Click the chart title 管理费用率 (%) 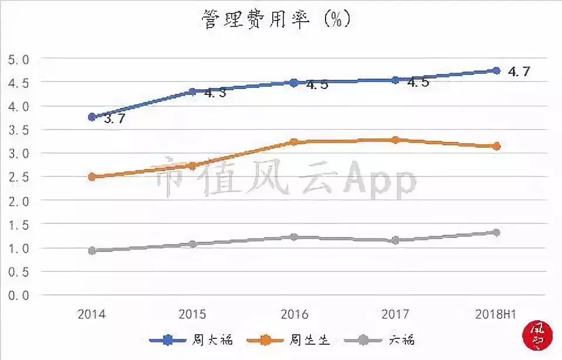pyautogui.click(x=276, y=19)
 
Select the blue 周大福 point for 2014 pyautogui.click(x=92, y=117)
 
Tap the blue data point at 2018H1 pyautogui.click(x=496, y=70)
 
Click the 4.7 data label pyautogui.click(x=519, y=72)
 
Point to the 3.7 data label pyautogui.click(x=115, y=119)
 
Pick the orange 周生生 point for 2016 pyautogui.click(x=294, y=142)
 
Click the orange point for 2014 pyautogui.click(x=92, y=176)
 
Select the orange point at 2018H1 pyautogui.click(x=496, y=146)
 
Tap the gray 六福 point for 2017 pyautogui.click(x=395, y=240)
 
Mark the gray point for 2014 pyautogui.click(x=92, y=250)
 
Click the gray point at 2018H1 pyautogui.click(x=496, y=233)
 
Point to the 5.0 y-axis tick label pyautogui.click(x=17, y=59)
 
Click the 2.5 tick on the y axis pyautogui.click(x=17, y=177)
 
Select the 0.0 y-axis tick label pyautogui.click(x=17, y=296)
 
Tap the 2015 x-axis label pyautogui.click(x=192, y=314)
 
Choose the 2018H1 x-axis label pyautogui.click(x=496, y=314)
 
